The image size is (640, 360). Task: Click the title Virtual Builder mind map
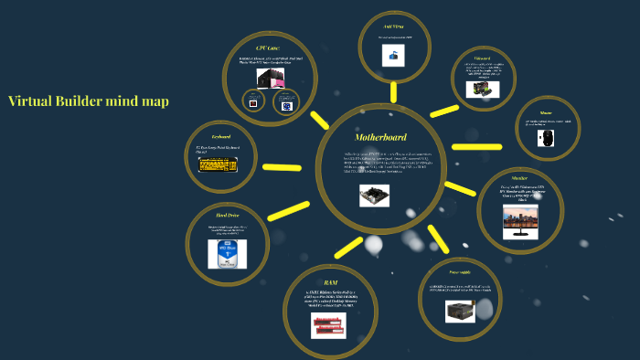[88, 101]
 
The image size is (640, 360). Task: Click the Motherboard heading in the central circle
[379, 137]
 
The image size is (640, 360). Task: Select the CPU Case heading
[268, 48]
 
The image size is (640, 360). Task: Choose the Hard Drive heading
[227, 216]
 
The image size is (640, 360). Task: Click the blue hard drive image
[227, 253]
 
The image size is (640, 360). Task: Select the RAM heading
[330, 282]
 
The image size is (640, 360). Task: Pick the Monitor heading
[520, 179]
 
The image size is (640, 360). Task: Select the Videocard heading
[483, 58]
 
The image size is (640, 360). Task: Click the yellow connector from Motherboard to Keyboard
[282, 167]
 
